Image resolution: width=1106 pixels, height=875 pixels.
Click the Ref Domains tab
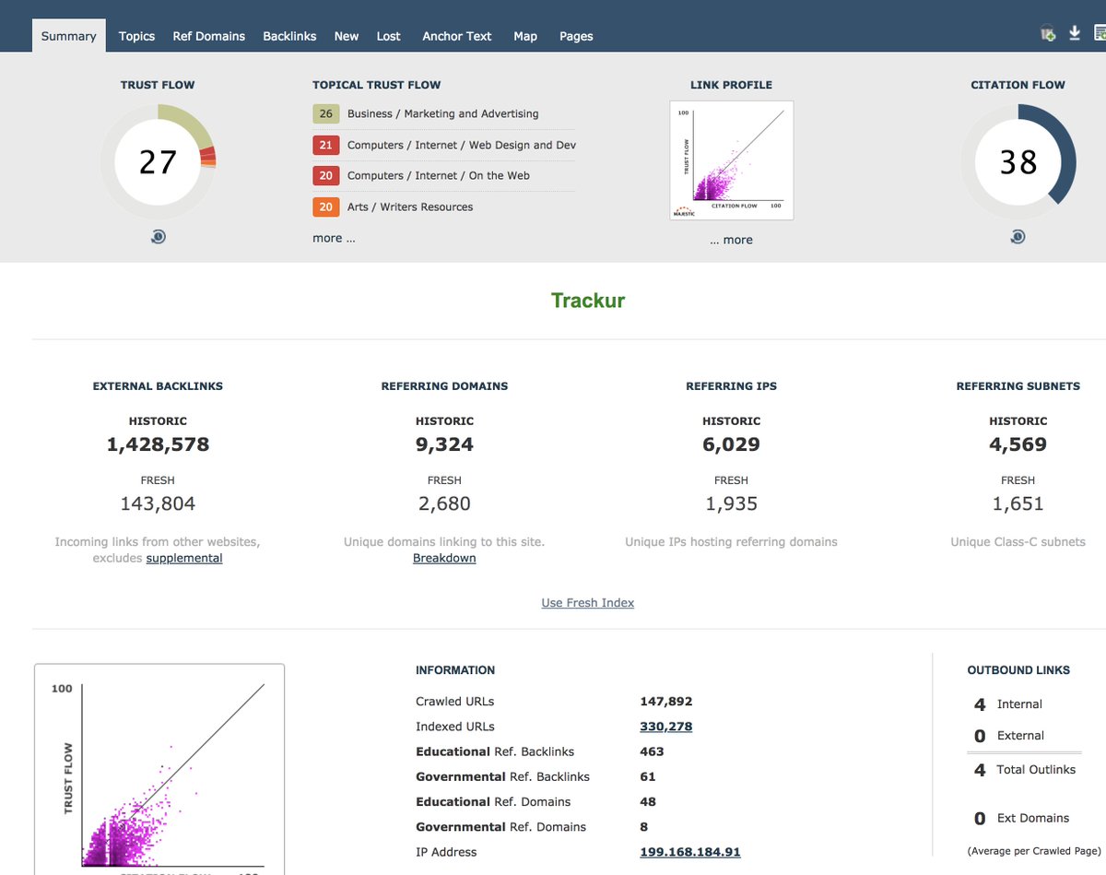(x=208, y=36)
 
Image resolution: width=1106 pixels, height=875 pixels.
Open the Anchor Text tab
(x=456, y=36)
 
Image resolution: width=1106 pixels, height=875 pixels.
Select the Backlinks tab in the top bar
(x=289, y=36)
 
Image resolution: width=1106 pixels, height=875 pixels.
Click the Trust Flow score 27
(x=158, y=162)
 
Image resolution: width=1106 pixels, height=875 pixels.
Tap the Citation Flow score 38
(x=1018, y=162)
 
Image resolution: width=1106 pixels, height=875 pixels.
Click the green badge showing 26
(x=325, y=114)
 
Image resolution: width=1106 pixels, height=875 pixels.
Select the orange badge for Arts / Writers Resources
(x=325, y=207)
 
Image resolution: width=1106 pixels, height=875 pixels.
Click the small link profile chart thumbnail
(x=732, y=160)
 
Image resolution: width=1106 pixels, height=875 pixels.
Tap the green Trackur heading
(x=588, y=301)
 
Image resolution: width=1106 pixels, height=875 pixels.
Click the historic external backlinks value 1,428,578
(x=158, y=444)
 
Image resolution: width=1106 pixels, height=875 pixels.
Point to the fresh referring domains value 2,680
(x=444, y=504)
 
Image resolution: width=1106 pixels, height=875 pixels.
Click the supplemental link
(x=184, y=558)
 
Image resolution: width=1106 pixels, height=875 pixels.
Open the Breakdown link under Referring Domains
(x=444, y=558)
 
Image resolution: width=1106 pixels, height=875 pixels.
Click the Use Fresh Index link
(x=588, y=603)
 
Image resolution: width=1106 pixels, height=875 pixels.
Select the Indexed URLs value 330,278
(x=665, y=727)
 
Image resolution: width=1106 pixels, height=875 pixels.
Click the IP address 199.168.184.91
(x=689, y=852)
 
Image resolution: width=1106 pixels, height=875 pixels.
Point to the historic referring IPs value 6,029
(x=731, y=444)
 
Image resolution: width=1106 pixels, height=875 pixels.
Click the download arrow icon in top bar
(x=1075, y=33)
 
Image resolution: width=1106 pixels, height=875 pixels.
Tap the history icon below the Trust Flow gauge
(x=158, y=237)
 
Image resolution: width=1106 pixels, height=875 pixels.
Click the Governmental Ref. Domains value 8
(x=644, y=827)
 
